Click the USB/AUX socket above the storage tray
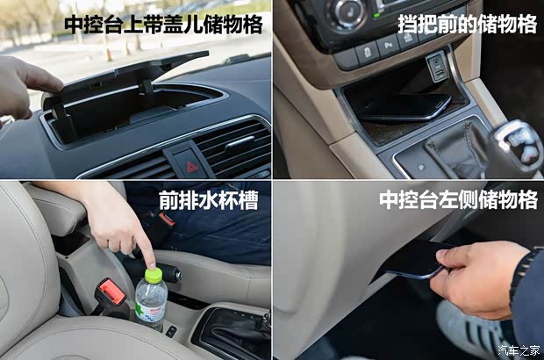pyautogui.click(x=437, y=67)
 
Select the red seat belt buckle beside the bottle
pyautogui.click(x=111, y=292)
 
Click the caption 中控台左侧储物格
pyautogui.click(x=458, y=199)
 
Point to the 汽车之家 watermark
pyautogui.click(x=519, y=350)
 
